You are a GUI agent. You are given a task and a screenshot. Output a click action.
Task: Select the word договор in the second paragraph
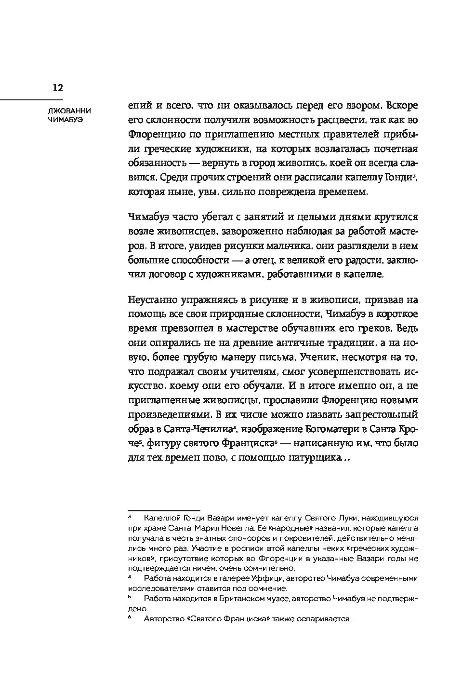pos(173,274)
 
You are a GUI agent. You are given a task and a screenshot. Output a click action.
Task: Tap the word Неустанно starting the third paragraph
pos(153,299)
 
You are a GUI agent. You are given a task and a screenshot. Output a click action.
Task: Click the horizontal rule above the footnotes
pos(163,510)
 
